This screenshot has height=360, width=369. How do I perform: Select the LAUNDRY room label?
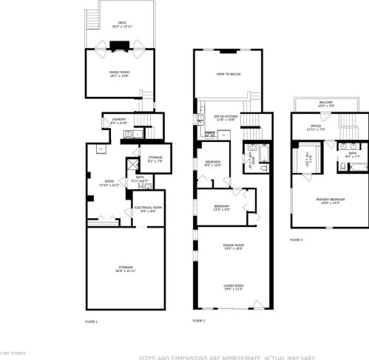click(118, 119)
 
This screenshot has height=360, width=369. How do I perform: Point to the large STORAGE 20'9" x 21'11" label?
click(120, 268)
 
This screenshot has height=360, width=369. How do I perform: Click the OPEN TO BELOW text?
click(228, 74)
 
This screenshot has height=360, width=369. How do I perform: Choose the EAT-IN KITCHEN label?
click(225, 116)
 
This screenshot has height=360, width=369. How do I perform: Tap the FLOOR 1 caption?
click(91, 321)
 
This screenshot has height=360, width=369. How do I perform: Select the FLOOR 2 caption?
click(198, 321)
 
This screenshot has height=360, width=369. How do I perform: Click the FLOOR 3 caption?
click(296, 240)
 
